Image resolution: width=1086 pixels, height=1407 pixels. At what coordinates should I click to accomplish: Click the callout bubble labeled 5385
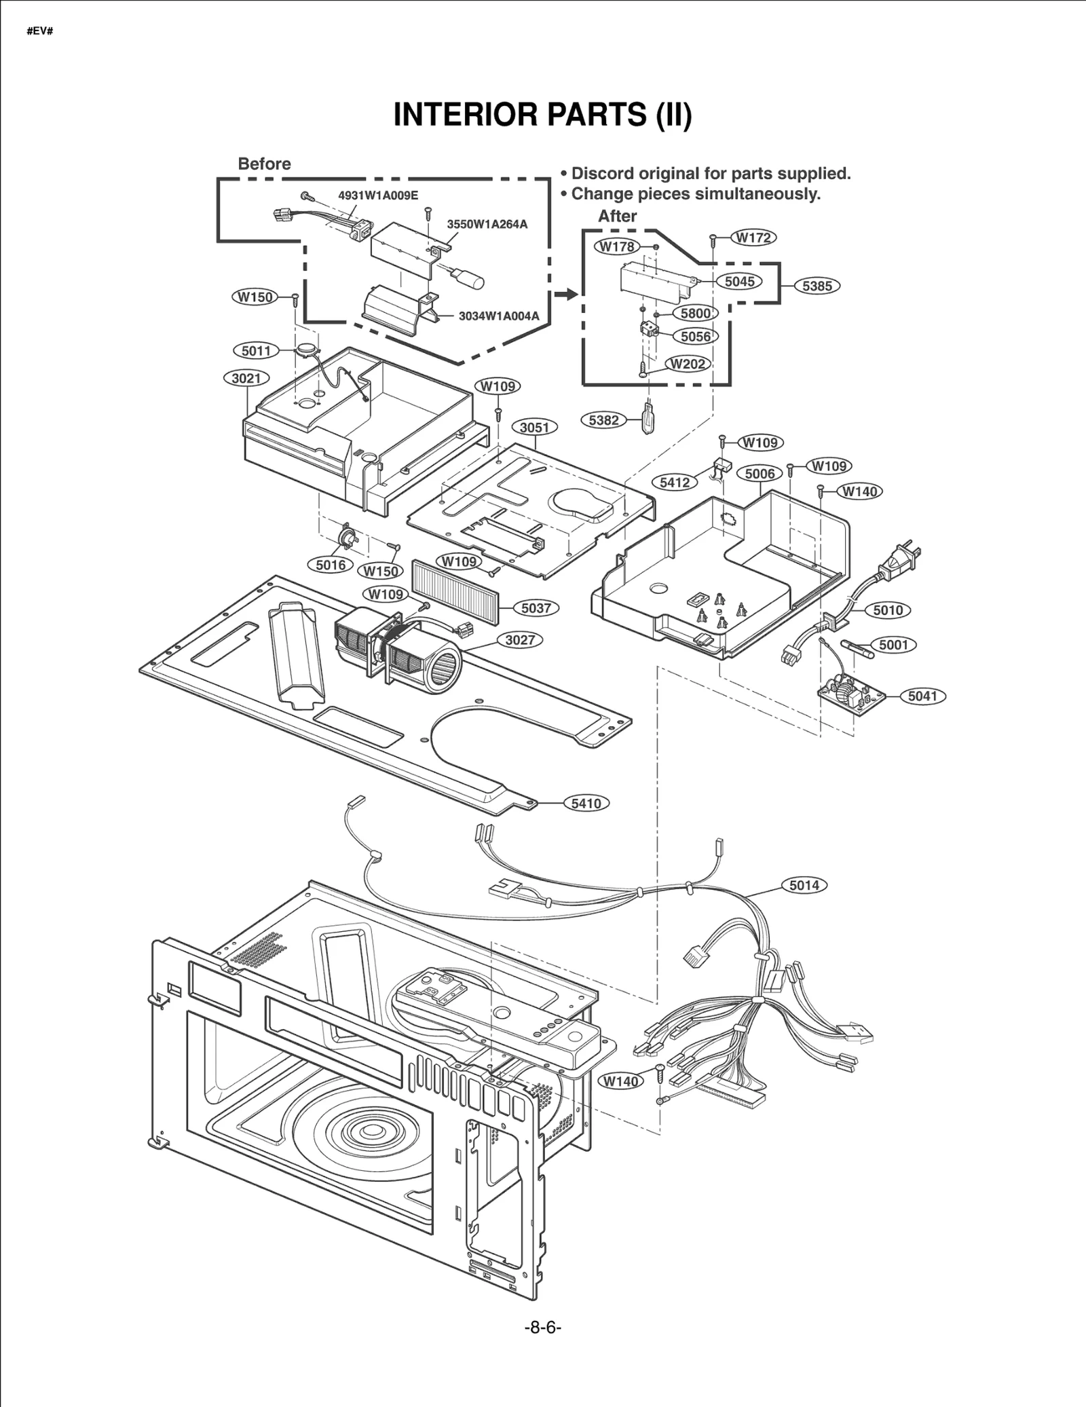[817, 286]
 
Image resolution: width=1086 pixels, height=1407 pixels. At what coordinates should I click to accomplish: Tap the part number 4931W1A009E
[378, 195]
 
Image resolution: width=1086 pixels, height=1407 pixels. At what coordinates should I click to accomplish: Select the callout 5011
[256, 351]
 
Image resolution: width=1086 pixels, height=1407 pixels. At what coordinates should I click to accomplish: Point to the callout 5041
[922, 696]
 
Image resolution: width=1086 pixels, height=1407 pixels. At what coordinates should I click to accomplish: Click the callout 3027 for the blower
[519, 640]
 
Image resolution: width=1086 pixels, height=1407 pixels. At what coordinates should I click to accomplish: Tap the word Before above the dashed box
[264, 164]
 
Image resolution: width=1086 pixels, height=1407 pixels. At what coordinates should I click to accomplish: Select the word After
[617, 216]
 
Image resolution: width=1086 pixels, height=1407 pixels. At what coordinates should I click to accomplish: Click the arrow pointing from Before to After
[565, 294]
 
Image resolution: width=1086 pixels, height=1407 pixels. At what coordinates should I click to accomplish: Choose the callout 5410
[586, 804]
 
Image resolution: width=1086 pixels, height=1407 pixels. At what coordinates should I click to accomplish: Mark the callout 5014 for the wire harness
[804, 885]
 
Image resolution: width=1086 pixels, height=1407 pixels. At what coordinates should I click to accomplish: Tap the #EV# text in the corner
[40, 32]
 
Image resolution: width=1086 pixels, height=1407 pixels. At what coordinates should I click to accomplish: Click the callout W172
[753, 238]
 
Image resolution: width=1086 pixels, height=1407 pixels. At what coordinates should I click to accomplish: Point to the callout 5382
[603, 420]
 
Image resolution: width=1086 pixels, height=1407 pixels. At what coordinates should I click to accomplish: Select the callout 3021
[246, 378]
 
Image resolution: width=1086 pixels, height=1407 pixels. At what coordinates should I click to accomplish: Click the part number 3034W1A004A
[498, 316]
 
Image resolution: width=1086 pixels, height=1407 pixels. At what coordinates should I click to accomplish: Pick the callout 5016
[331, 565]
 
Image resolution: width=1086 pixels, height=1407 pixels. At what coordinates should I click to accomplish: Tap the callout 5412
[675, 483]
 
